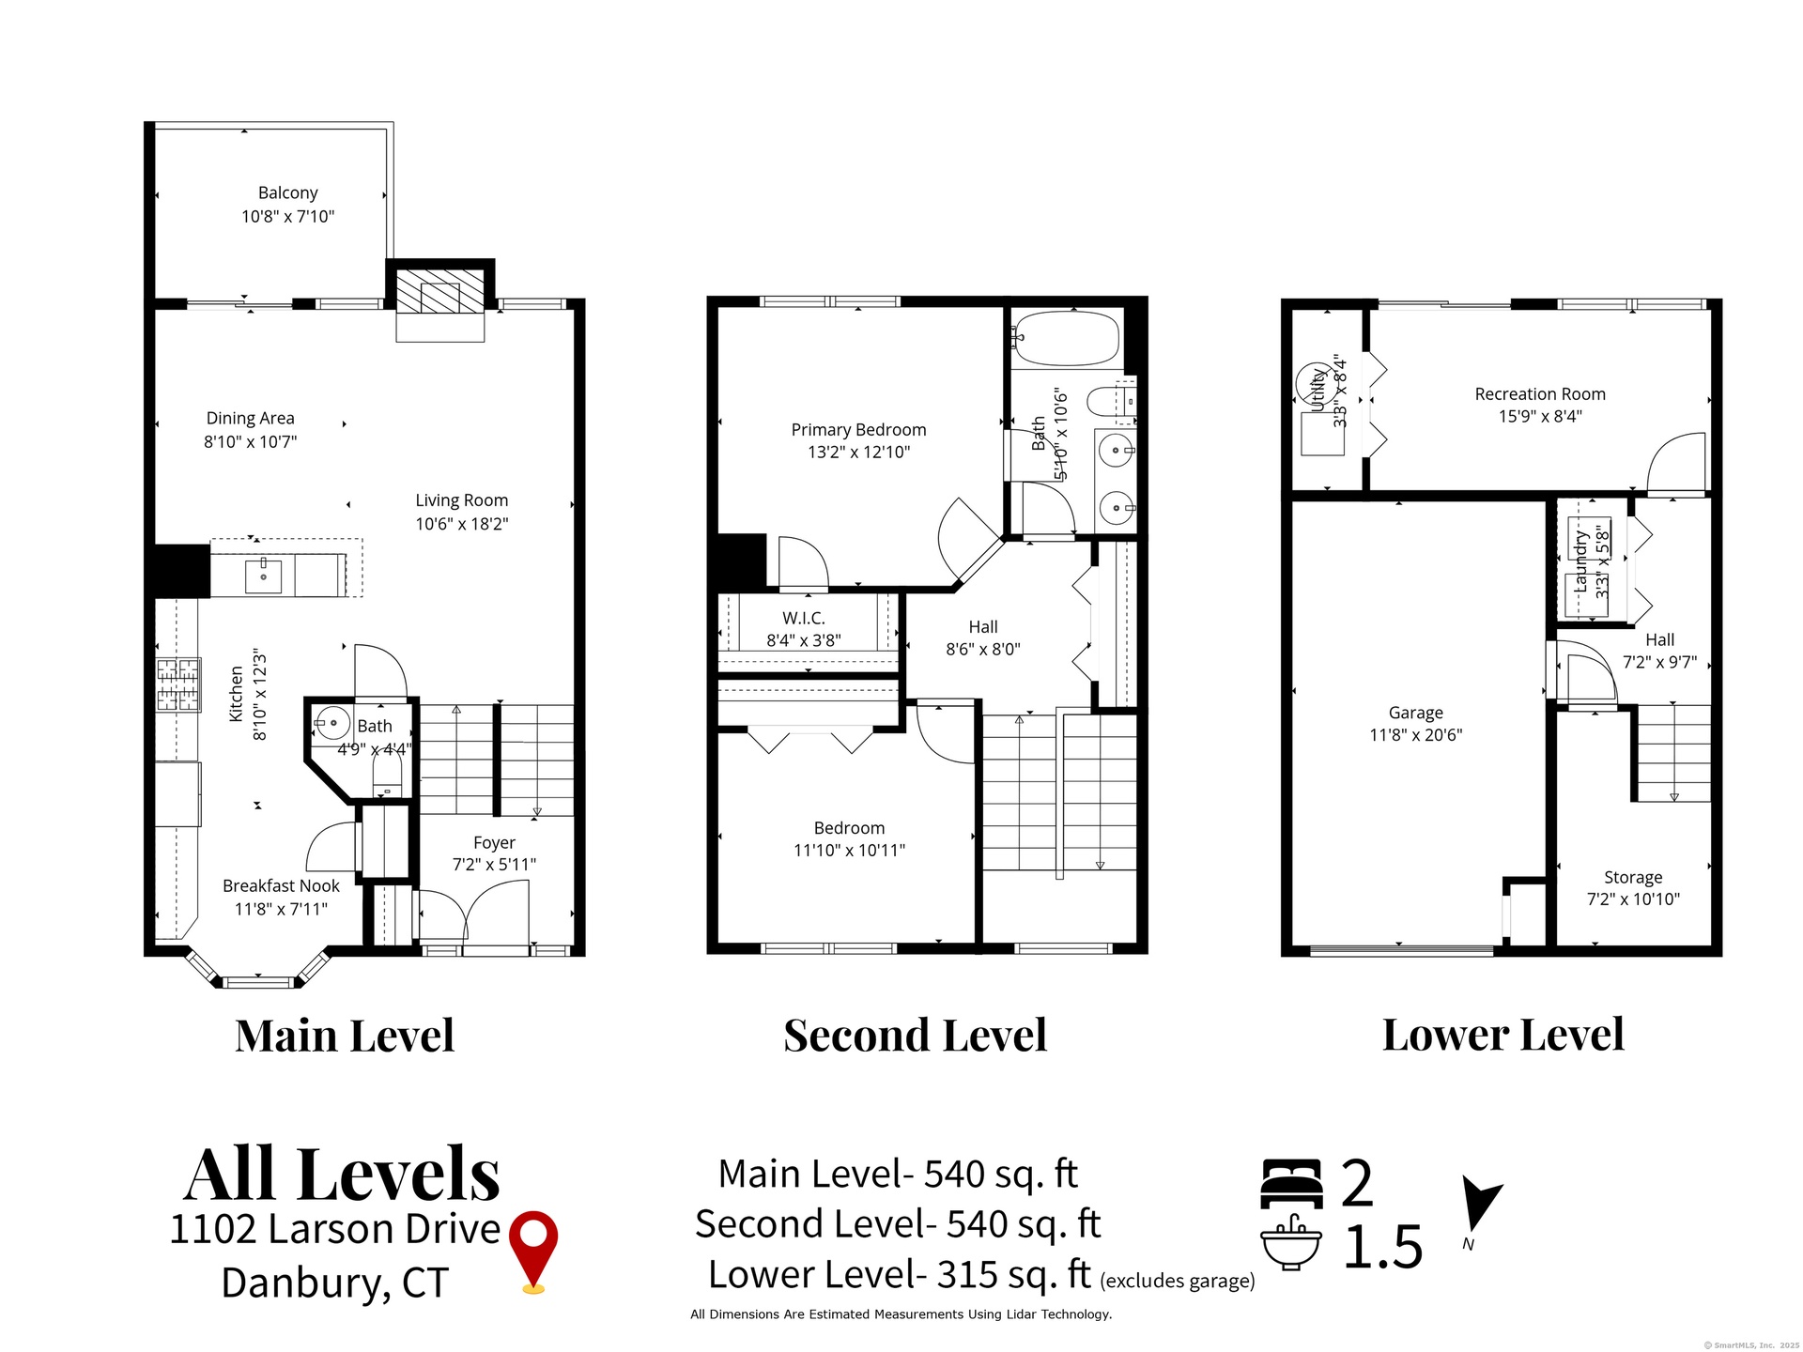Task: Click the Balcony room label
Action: click(288, 192)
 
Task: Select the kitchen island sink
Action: click(264, 576)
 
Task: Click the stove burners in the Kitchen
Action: click(177, 684)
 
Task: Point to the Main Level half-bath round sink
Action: click(332, 723)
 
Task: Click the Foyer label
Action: click(494, 843)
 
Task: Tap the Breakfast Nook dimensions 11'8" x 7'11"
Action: click(281, 909)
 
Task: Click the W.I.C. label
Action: click(804, 618)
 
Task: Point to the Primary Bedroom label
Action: click(858, 430)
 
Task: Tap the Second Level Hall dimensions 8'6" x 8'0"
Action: click(983, 649)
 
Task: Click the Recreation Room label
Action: click(1540, 394)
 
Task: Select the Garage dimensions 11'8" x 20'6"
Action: click(1416, 735)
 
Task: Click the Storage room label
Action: click(1633, 877)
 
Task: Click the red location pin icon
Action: click(533, 1252)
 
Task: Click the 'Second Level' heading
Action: click(916, 1036)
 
